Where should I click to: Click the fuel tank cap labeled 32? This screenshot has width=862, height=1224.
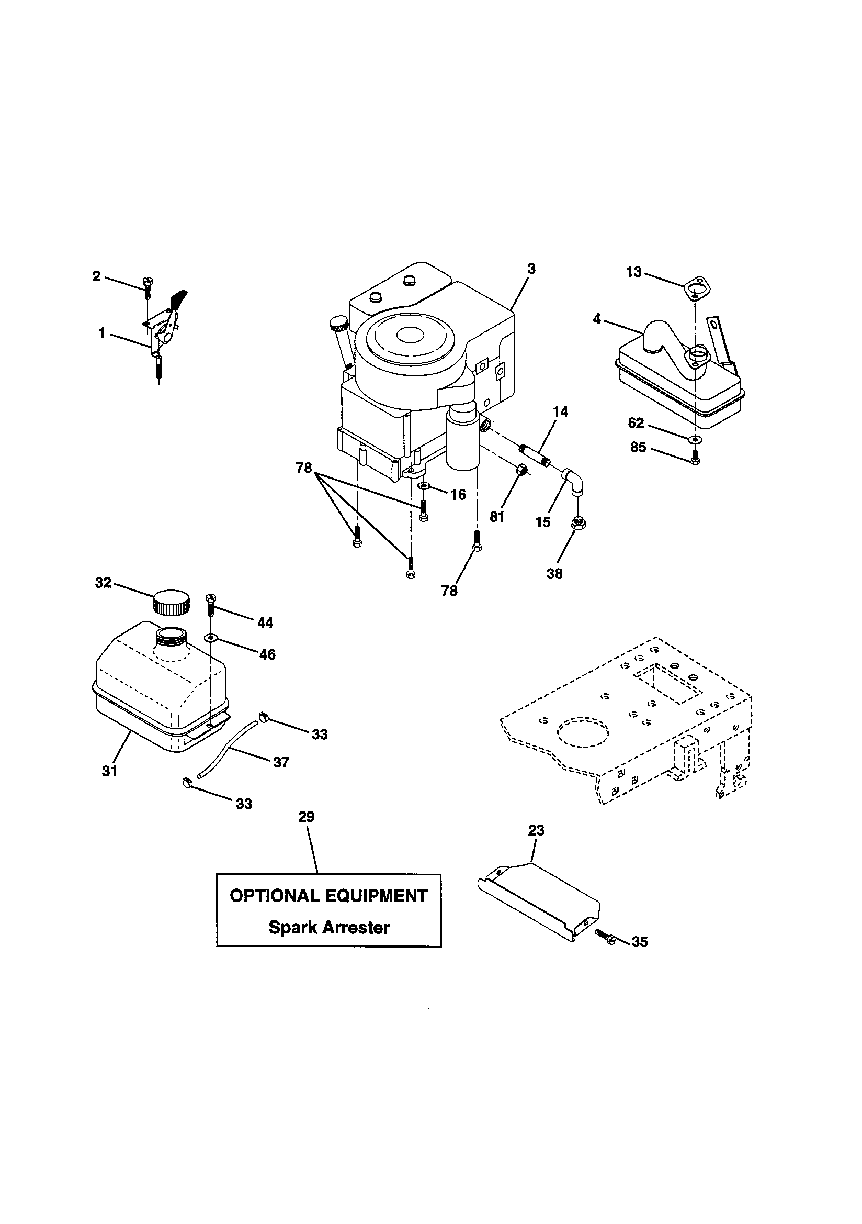coord(171,604)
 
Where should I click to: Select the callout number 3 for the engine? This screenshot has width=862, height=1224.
coord(531,269)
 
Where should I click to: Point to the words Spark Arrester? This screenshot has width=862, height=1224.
coord(328,927)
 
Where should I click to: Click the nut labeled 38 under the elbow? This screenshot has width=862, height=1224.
coord(579,524)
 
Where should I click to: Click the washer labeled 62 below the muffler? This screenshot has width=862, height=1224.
coord(695,439)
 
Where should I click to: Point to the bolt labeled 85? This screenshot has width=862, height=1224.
coord(695,459)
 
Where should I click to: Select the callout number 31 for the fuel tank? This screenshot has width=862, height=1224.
coord(110,771)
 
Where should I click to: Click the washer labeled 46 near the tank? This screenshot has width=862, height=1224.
coord(212,638)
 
